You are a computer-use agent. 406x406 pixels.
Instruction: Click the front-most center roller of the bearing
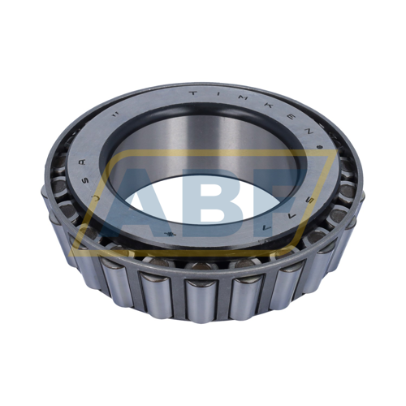[x=200, y=296]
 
